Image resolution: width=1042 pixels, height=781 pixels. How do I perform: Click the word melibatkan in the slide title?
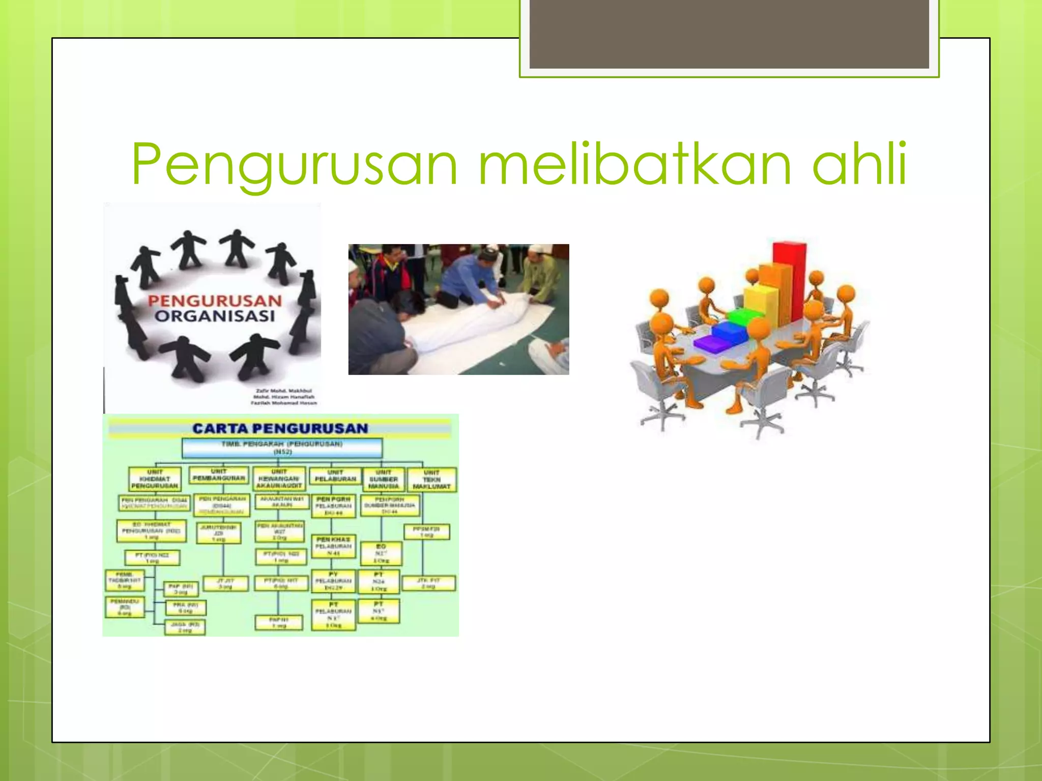pyautogui.click(x=635, y=164)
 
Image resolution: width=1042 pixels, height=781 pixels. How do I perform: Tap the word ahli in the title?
pyautogui.click(x=860, y=164)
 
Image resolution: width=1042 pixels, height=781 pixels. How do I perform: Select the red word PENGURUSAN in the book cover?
pyautogui.click(x=215, y=301)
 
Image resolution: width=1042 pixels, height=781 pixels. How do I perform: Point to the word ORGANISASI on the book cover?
pyautogui.click(x=215, y=316)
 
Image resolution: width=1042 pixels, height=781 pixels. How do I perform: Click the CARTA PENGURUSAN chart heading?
pyautogui.click(x=280, y=428)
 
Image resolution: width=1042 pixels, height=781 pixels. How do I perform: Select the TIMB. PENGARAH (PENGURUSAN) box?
pyautogui.click(x=282, y=447)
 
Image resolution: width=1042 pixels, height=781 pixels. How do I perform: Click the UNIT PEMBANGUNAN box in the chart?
pyautogui.click(x=219, y=475)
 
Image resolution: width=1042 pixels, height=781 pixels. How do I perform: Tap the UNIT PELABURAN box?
pyautogui.click(x=335, y=476)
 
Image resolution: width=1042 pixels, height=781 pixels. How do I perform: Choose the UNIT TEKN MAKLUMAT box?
pyautogui.click(x=431, y=479)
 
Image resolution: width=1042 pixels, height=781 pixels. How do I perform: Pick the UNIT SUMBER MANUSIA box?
pyautogui.click(x=384, y=479)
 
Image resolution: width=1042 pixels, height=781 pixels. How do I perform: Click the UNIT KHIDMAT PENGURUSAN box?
pyautogui.click(x=155, y=479)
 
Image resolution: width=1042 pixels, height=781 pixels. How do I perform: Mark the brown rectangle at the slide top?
pyautogui.click(x=729, y=34)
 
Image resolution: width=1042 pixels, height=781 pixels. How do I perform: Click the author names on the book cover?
pyautogui.click(x=284, y=397)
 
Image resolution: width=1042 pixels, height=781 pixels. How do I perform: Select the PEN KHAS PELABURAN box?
pyautogui.click(x=333, y=546)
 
